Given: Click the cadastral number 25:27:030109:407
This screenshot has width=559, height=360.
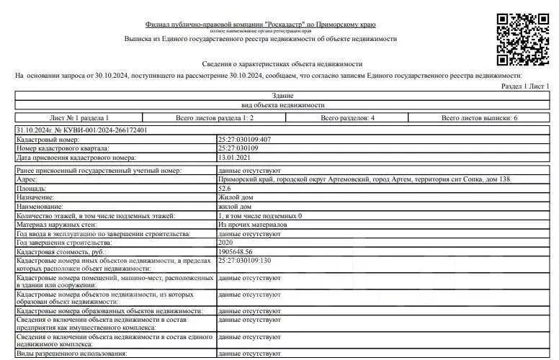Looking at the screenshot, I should (245, 139).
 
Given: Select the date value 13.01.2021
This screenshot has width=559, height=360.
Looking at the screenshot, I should (233, 156).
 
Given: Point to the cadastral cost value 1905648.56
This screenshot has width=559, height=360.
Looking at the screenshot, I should (236, 253).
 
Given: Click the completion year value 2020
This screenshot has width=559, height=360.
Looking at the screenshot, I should (225, 243).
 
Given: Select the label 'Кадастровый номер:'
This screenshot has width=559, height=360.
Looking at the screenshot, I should (48, 139).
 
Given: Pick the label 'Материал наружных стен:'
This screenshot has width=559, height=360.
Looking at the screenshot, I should (57, 225).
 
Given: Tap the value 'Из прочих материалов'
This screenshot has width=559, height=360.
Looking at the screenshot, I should (252, 225).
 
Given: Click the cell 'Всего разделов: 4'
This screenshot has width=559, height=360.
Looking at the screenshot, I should (347, 117).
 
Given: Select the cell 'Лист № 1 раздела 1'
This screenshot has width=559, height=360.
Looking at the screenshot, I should (79, 117).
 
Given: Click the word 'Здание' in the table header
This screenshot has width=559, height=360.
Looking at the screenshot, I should (282, 96).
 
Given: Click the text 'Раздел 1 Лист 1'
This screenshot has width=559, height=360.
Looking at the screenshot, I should (524, 86).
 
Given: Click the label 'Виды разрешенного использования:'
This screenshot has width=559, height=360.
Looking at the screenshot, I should (72, 354).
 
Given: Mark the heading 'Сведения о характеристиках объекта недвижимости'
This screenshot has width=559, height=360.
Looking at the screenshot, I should (280, 64).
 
